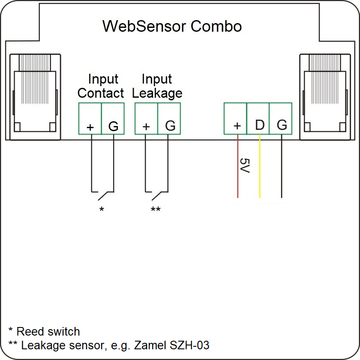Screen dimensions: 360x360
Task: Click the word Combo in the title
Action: click(x=216, y=26)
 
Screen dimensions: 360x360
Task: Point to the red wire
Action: click(x=237, y=180)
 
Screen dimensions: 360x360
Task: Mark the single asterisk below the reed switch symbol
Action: click(x=102, y=210)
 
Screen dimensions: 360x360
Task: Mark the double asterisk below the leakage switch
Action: click(x=156, y=210)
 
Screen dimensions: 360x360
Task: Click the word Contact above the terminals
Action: click(x=101, y=93)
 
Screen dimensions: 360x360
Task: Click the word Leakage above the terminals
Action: click(x=157, y=93)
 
